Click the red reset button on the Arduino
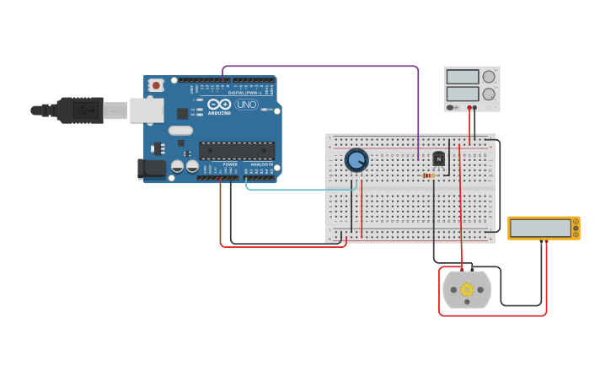pyautogui.click(x=156, y=85)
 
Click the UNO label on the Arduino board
pyautogui.click(x=246, y=105)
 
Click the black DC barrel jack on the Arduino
pyautogui.click(x=152, y=169)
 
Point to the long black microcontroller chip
pyautogui.click(x=237, y=151)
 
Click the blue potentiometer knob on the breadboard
pyautogui.click(x=356, y=159)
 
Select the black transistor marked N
pyautogui.click(x=438, y=159)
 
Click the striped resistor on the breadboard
pyautogui.click(x=429, y=175)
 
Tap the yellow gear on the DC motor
pyautogui.click(x=467, y=289)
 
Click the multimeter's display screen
pyautogui.click(x=540, y=228)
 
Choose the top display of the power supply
pyautogui.click(x=462, y=77)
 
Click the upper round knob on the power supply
pyautogui.click(x=489, y=77)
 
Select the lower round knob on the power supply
pyautogui.click(x=489, y=94)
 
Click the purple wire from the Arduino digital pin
pyautogui.click(x=320, y=66)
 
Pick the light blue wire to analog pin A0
pyautogui.click(x=295, y=190)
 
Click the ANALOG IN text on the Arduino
pyautogui.click(x=261, y=164)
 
